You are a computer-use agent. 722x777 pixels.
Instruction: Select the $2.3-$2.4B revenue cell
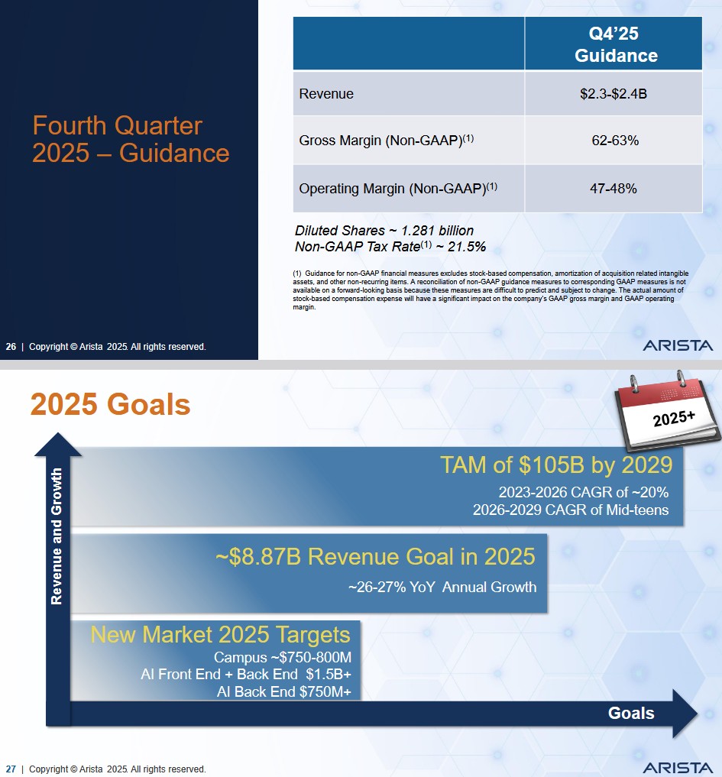[x=613, y=94]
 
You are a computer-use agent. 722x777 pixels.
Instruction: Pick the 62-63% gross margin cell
[x=613, y=141]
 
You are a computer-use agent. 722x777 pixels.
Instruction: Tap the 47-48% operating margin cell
[x=613, y=188]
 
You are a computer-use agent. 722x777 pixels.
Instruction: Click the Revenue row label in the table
[x=326, y=94]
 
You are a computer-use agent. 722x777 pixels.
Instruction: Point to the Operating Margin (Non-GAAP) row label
[x=398, y=188]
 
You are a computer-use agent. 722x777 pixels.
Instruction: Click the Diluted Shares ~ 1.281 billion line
[x=384, y=231]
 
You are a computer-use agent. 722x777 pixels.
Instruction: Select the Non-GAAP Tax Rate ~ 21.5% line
[x=390, y=247]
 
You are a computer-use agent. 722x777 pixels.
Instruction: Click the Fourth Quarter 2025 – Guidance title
[x=131, y=139]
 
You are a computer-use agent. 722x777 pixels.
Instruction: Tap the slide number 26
[x=11, y=347]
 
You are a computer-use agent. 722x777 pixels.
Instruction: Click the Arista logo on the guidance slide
[x=678, y=345]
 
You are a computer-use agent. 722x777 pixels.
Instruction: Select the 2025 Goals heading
[x=110, y=405]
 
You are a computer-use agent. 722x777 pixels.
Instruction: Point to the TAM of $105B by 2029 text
[x=555, y=465]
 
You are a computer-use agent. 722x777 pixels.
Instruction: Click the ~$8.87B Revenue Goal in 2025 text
[x=375, y=556]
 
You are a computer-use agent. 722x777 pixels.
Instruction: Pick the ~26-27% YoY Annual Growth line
[x=442, y=588]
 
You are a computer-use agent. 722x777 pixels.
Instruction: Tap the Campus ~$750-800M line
[x=282, y=658]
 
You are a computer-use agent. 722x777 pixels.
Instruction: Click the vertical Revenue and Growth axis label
[x=57, y=536]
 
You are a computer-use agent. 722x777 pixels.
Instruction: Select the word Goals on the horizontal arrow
[x=631, y=713]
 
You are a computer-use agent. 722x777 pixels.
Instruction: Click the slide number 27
[x=11, y=769]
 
